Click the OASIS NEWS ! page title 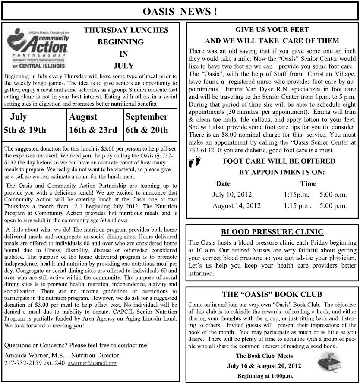[x=180, y=11]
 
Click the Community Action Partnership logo [x=37, y=49]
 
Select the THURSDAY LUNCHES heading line [x=126, y=30]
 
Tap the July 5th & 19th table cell [x=34, y=123]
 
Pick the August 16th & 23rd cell [x=93, y=123]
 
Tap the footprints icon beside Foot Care [x=195, y=162]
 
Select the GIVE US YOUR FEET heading [x=272, y=30]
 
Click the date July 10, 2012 [x=232, y=195]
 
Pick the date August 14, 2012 [x=236, y=205]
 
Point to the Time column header [x=308, y=183]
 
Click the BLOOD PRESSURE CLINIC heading [x=272, y=232]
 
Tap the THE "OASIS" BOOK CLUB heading [x=272, y=295]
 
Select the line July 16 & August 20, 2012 [x=264, y=366]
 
